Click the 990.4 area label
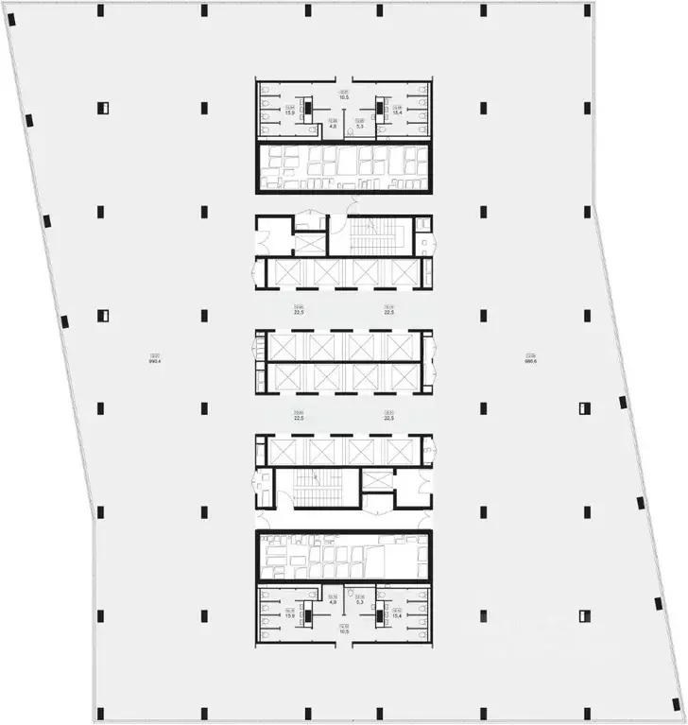coord(153,360)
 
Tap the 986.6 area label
coord(531,360)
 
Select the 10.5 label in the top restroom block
coord(344,95)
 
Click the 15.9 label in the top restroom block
coord(289,113)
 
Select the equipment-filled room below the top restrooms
coord(344,167)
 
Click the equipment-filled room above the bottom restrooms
coord(344,558)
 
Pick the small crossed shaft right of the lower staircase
coord(378,479)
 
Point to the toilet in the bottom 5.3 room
coord(351,593)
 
